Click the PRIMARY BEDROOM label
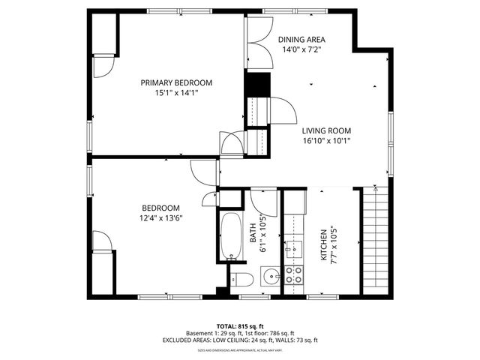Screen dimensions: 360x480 point(176,82)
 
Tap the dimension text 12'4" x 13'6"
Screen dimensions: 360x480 point(162,218)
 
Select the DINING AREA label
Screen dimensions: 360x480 point(301,40)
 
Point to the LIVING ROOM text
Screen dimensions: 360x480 point(326,130)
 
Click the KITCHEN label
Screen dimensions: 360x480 point(324,245)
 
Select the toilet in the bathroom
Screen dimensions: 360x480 point(241,281)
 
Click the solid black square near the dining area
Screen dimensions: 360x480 point(257,85)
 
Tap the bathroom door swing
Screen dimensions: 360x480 point(264,200)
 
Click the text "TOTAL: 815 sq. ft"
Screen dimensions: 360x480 point(240,326)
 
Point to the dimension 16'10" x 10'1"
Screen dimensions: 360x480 point(326,140)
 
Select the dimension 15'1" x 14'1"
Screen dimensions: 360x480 point(176,93)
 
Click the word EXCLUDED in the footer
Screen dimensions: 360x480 point(180,340)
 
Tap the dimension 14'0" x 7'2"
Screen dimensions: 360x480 point(301,49)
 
